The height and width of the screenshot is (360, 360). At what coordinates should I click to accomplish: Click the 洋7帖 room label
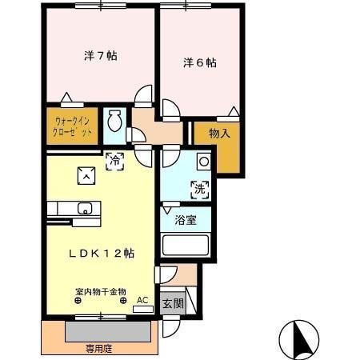(101, 57)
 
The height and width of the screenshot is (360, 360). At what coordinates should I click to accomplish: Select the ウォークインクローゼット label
(72, 126)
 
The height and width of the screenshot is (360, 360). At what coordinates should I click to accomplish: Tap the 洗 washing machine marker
(198, 190)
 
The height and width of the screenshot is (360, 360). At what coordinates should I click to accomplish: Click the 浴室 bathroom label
(186, 220)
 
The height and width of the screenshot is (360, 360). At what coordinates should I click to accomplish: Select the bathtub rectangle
(185, 245)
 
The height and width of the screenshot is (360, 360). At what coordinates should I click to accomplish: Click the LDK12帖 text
(100, 253)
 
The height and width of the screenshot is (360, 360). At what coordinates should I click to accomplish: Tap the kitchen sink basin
(84, 210)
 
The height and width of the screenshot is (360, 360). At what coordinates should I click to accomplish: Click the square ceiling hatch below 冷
(85, 174)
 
